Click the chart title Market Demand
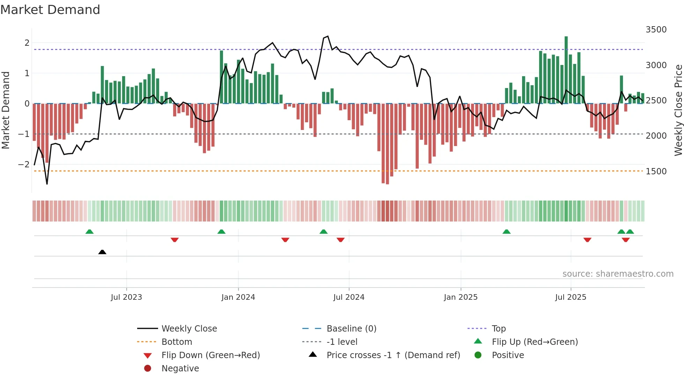coord(50,10)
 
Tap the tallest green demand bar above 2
coord(566,70)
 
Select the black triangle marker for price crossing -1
coord(102,252)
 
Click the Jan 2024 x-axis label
coord(238,297)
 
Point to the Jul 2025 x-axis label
coord(571,297)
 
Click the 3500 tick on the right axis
coord(656,30)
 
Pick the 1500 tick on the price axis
coord(656,172)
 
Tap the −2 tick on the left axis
coord(24,165)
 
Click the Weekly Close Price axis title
coord(678,110)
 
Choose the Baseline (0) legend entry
coord(351,329)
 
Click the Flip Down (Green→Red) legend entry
coord(210,355)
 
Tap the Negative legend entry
coord(180,369)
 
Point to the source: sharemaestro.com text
coord(618,274)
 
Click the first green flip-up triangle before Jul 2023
coord(90,232)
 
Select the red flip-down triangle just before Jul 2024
coord(341,240)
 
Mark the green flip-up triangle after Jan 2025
coord(506,232)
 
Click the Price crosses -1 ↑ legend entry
coord(393,355)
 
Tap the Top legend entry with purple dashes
coord(499,329)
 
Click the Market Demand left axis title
coord(6,110)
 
